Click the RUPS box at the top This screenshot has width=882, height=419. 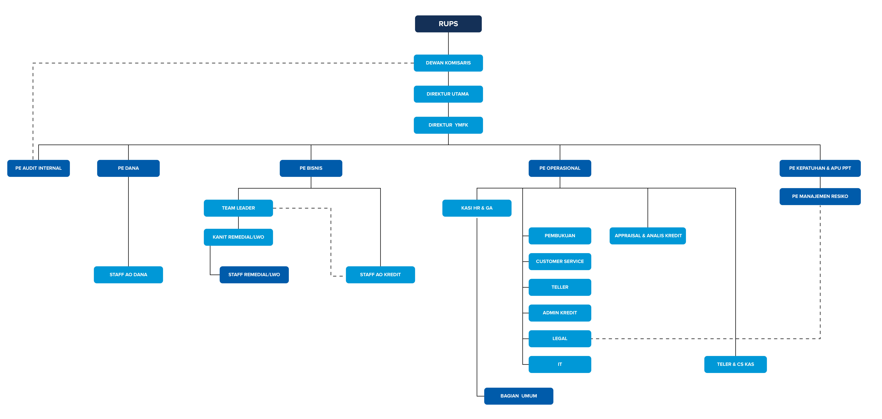click(448, 24)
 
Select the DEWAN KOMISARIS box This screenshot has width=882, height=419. click(448, 63)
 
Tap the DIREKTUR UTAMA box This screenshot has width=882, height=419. click(448, 94)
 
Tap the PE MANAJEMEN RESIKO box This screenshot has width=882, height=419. click(820, 196)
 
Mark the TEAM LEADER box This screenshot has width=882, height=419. click(238, 208)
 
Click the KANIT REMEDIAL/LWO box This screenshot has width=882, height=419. click(238, 237)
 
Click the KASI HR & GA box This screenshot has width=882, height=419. click(477, 208)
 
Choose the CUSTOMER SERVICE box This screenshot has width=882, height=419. click(560, 262)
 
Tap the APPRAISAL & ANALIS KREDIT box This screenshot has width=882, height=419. click(648, 236)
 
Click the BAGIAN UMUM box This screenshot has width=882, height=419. click(519, 396)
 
